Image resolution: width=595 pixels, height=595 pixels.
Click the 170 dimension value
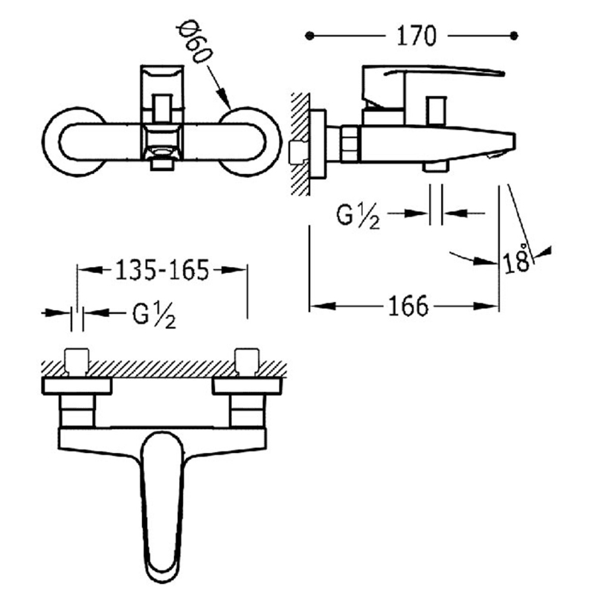point(416,36)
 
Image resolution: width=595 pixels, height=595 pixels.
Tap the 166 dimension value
point(408,306)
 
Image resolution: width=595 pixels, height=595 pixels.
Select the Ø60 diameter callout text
point(195,44)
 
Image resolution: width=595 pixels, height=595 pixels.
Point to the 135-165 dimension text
point(162,270)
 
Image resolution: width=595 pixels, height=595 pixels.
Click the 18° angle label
point(516,259)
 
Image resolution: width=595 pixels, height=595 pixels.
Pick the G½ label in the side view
point(358,215)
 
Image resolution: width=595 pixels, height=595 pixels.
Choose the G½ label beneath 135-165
point(154,315)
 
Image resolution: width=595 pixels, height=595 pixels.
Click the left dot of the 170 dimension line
point(309,36)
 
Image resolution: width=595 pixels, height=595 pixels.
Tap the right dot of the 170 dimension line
point(514,36)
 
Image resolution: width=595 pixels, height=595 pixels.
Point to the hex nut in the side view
point(350,144)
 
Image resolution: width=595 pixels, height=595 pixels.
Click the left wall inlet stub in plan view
point(77,361)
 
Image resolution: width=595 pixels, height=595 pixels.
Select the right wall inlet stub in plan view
point(247,361)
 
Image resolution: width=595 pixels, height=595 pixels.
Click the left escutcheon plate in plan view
point(77,386)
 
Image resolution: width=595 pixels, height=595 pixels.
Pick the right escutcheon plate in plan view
point(247,386)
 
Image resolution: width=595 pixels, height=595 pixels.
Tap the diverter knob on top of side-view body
point(436,111)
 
